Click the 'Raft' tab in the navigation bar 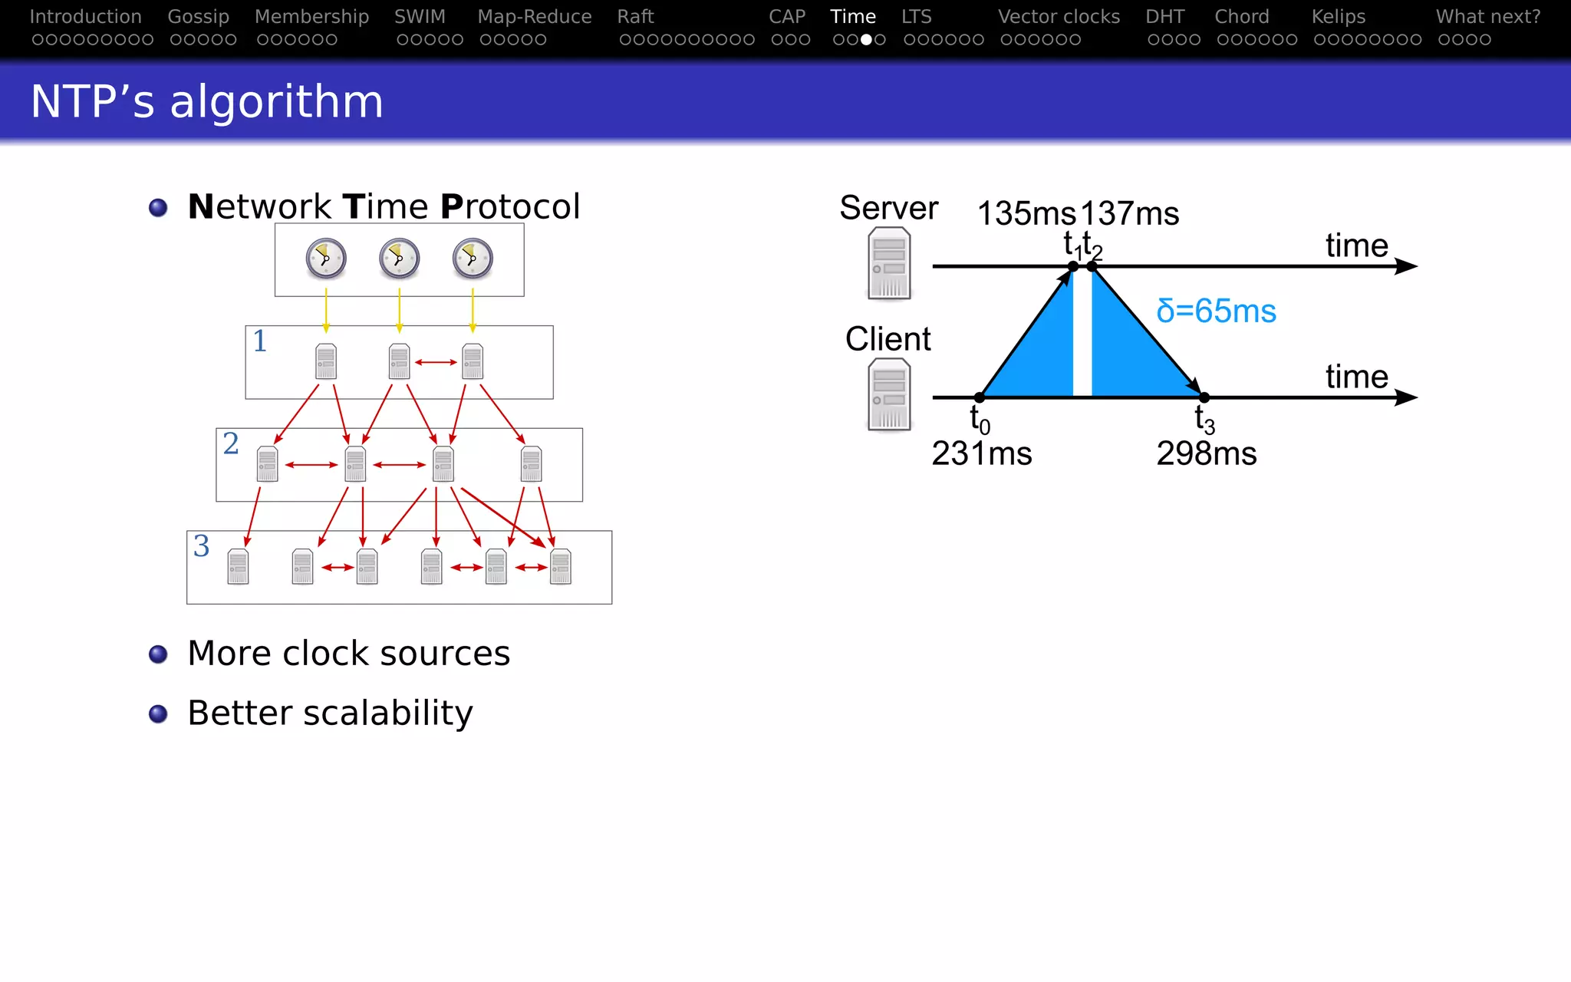(635, 17)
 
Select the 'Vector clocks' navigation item (1059, 17)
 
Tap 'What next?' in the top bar (1487, 17)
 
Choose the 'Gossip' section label (198, 17)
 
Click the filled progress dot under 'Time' (866, 40)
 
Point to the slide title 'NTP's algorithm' (207, 101)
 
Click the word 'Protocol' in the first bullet (510, 207)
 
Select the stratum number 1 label (260, 341)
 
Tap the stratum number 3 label (201, 546)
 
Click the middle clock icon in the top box (399, 259)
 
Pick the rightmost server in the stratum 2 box (531, 464)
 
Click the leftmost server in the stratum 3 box (238, 567)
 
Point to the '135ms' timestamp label (1026, 214)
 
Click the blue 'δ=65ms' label (1216, 311)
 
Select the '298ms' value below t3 (1206, 454)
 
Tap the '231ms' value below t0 (982, 454)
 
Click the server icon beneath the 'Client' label (889, 394)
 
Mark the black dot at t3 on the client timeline (1204, 397)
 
